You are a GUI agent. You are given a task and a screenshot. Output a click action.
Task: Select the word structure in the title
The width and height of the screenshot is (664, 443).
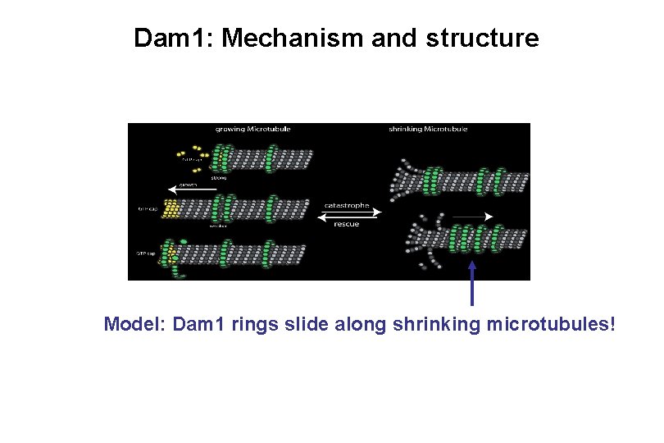click(482, 38)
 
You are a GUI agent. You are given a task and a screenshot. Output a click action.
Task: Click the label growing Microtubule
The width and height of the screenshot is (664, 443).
click(252, 130)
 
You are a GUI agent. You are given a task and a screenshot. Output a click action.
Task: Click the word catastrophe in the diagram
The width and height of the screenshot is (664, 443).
click(348, 205)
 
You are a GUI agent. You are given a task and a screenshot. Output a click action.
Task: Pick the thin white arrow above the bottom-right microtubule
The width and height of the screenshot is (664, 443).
click(471, 217)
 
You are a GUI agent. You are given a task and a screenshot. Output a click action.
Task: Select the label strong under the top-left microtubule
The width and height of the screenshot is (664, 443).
click(219, 176)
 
